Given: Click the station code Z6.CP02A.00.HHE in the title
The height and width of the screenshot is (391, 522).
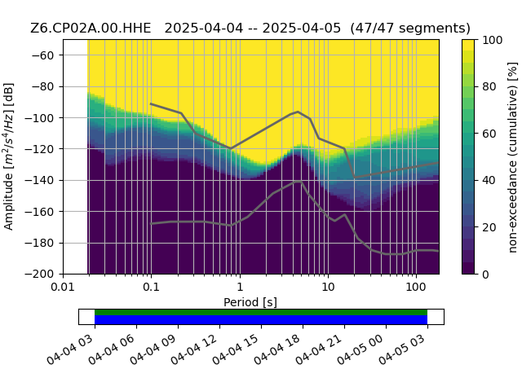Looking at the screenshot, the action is tap(91, 29).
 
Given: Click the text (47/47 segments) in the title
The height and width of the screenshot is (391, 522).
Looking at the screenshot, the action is tap(410, 29).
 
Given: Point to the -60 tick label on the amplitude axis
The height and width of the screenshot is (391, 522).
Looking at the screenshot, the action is tap(42, 55).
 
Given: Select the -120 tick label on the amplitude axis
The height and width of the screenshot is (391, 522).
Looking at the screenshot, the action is tap(40, 149).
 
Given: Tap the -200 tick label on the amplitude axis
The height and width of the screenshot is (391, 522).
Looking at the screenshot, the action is tap(40, 275).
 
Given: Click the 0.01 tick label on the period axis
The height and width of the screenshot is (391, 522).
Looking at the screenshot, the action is tap(63, 287).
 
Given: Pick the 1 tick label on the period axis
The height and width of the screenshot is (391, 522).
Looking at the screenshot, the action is tap(240, 287).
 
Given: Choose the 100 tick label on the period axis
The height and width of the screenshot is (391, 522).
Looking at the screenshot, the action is tap(416, 287).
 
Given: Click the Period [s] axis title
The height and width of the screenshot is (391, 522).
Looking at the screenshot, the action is tap(250, 302).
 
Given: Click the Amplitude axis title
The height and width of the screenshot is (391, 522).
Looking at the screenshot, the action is tap(9, 156).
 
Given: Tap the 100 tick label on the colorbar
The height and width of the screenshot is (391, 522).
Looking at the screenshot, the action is tap(492, 40).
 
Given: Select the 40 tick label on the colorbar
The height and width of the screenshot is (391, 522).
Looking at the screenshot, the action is tap(489, 181).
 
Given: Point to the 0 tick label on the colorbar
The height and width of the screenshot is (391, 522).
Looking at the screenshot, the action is tap(485, 275).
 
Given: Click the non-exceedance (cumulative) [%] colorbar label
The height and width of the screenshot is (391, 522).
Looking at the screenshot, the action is tap(513, 157).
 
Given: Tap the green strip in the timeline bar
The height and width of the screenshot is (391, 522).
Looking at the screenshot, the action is tap(261, 312).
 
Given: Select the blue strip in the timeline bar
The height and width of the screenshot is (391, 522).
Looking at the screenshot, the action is tap(261, 320).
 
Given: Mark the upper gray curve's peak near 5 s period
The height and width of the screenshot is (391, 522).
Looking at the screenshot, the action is tap(298, 112).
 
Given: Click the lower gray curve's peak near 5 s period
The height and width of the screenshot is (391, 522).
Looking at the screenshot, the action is tap(298, 182).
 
